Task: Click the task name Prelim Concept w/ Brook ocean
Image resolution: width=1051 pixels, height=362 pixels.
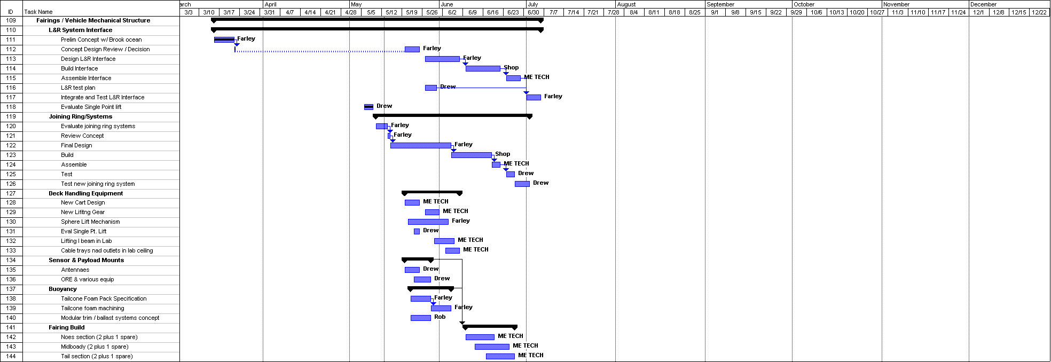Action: coord(101,40)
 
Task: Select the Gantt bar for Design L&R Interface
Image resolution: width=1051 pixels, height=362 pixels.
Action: coord(442,59)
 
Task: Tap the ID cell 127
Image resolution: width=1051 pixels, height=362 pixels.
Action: coord(11,193)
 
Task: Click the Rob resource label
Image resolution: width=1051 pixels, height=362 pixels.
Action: coord(440,317)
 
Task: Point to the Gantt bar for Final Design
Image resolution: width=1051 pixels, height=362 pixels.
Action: coord(421,145)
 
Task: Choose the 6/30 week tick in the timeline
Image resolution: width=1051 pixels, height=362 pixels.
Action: coord(533,12)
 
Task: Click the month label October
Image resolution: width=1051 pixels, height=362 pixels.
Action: coord(804,4)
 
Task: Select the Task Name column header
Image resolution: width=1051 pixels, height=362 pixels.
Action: coord(38,12)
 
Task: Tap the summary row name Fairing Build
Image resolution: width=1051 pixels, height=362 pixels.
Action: coord(67,327)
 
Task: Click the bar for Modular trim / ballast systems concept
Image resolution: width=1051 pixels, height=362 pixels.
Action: coord(421,318)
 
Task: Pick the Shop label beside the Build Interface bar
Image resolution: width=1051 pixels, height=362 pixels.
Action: coord(511,67)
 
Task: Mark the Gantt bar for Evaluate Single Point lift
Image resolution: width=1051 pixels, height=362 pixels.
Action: coord(368,107)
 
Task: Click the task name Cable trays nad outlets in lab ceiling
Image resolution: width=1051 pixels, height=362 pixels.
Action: coord(107,250)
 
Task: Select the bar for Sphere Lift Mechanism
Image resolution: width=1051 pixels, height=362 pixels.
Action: coord(428,222)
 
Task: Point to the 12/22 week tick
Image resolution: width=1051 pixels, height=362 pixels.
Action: coord(1039,12)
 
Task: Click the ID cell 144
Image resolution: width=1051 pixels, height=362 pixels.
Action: coord(11,356)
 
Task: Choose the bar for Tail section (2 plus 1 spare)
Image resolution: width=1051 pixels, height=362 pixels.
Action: coord(500,356)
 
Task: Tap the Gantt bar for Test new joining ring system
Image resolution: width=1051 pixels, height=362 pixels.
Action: coord(522,184)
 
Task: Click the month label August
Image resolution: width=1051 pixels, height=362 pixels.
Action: coord(626,4)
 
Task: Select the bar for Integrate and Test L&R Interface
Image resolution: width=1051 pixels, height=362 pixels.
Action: coord(534,97)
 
